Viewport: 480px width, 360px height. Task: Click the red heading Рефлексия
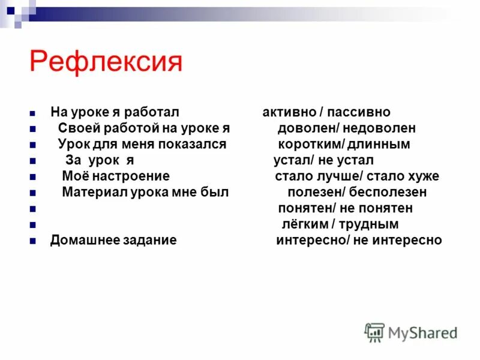point(106,61)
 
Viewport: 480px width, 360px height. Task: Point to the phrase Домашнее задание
point(113,241)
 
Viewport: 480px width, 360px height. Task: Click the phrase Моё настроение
point(116,176)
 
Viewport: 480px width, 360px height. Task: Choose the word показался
point(193,144)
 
